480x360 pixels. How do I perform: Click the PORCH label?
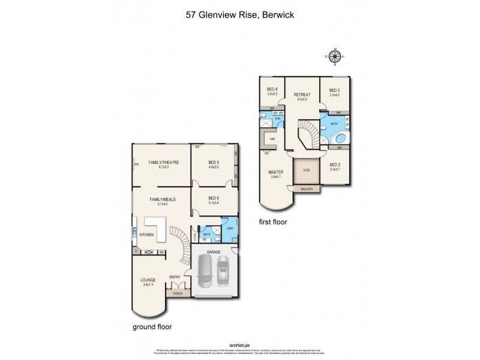tap(178, 293)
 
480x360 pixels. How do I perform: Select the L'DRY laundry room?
tap(229, 229)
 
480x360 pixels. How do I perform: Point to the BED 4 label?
tap(271, 90)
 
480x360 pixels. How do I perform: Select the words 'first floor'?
tap(272, 221)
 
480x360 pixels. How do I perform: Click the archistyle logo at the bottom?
tap(239, 344)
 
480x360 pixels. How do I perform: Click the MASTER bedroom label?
tap(275, 172)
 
